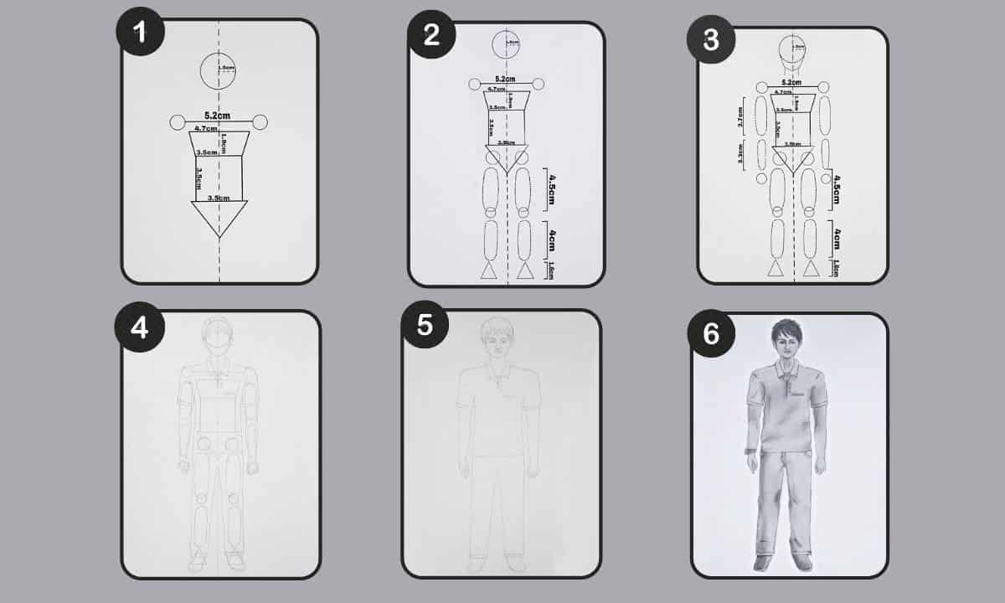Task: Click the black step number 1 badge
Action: (x=140, y=31)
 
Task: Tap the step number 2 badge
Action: (x=431, y=35)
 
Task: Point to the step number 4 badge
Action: (x=140, y=327)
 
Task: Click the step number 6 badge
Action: (x=711, y=333)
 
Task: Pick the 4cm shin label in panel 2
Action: (x=550, y=242)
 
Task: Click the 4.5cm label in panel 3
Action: (x=836, y=190)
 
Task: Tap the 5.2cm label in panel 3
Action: (x=792, y=82)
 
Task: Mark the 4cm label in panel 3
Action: (x=836, y=240)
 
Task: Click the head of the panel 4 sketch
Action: (x=219, y=339)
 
